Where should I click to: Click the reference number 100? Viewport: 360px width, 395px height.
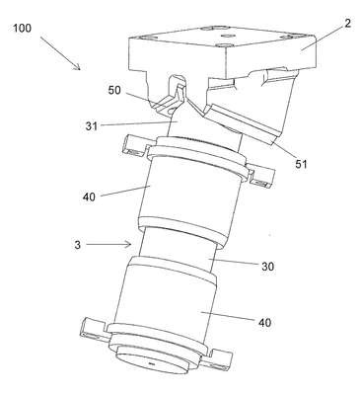tap(23, 28)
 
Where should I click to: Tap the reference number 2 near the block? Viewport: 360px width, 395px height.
tap(348, 23)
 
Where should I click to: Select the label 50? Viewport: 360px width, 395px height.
tap(114, 90)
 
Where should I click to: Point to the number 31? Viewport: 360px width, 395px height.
tap(92, 126)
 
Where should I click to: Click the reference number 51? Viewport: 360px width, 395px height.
tap(301, 164)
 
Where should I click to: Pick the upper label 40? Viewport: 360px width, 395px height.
tap(89, 197)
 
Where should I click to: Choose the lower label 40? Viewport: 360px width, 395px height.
tap(264, 322)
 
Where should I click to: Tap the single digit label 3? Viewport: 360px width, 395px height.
tap(77, 245)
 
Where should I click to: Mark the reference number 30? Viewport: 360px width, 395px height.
tap(267, 267)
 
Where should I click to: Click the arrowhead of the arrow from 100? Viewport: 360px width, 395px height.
tap(78, 67)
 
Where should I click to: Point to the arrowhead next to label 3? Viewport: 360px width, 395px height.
tap(129, 244)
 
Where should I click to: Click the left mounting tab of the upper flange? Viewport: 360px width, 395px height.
tap(134, 146)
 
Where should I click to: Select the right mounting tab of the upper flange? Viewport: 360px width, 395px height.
tap(261, 178)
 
